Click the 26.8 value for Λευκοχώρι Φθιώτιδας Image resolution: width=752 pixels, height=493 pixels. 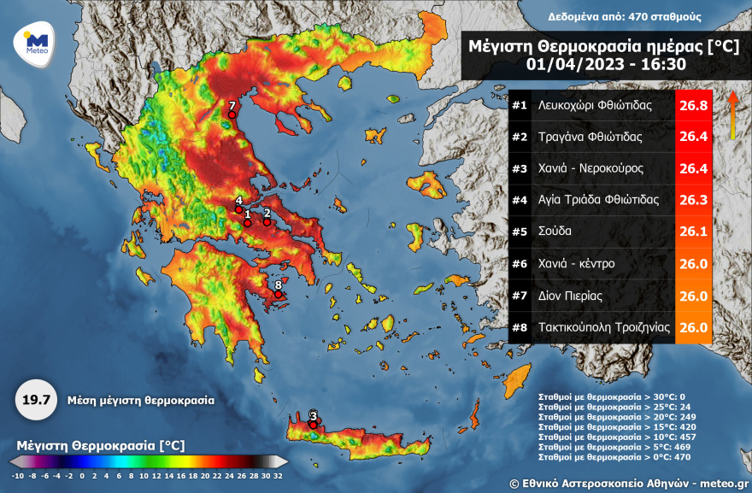click(x=693, y=106)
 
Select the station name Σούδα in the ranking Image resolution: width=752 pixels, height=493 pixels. click(x=555, y=232)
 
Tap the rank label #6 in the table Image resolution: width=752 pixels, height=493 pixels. click(x=519, y=264)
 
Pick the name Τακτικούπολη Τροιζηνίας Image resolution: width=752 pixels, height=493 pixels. click(x=602, y=327)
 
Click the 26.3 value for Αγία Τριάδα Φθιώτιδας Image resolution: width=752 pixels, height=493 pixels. click(x=693, y=200)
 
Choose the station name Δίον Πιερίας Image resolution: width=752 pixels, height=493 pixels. click(x=571, y=296)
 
